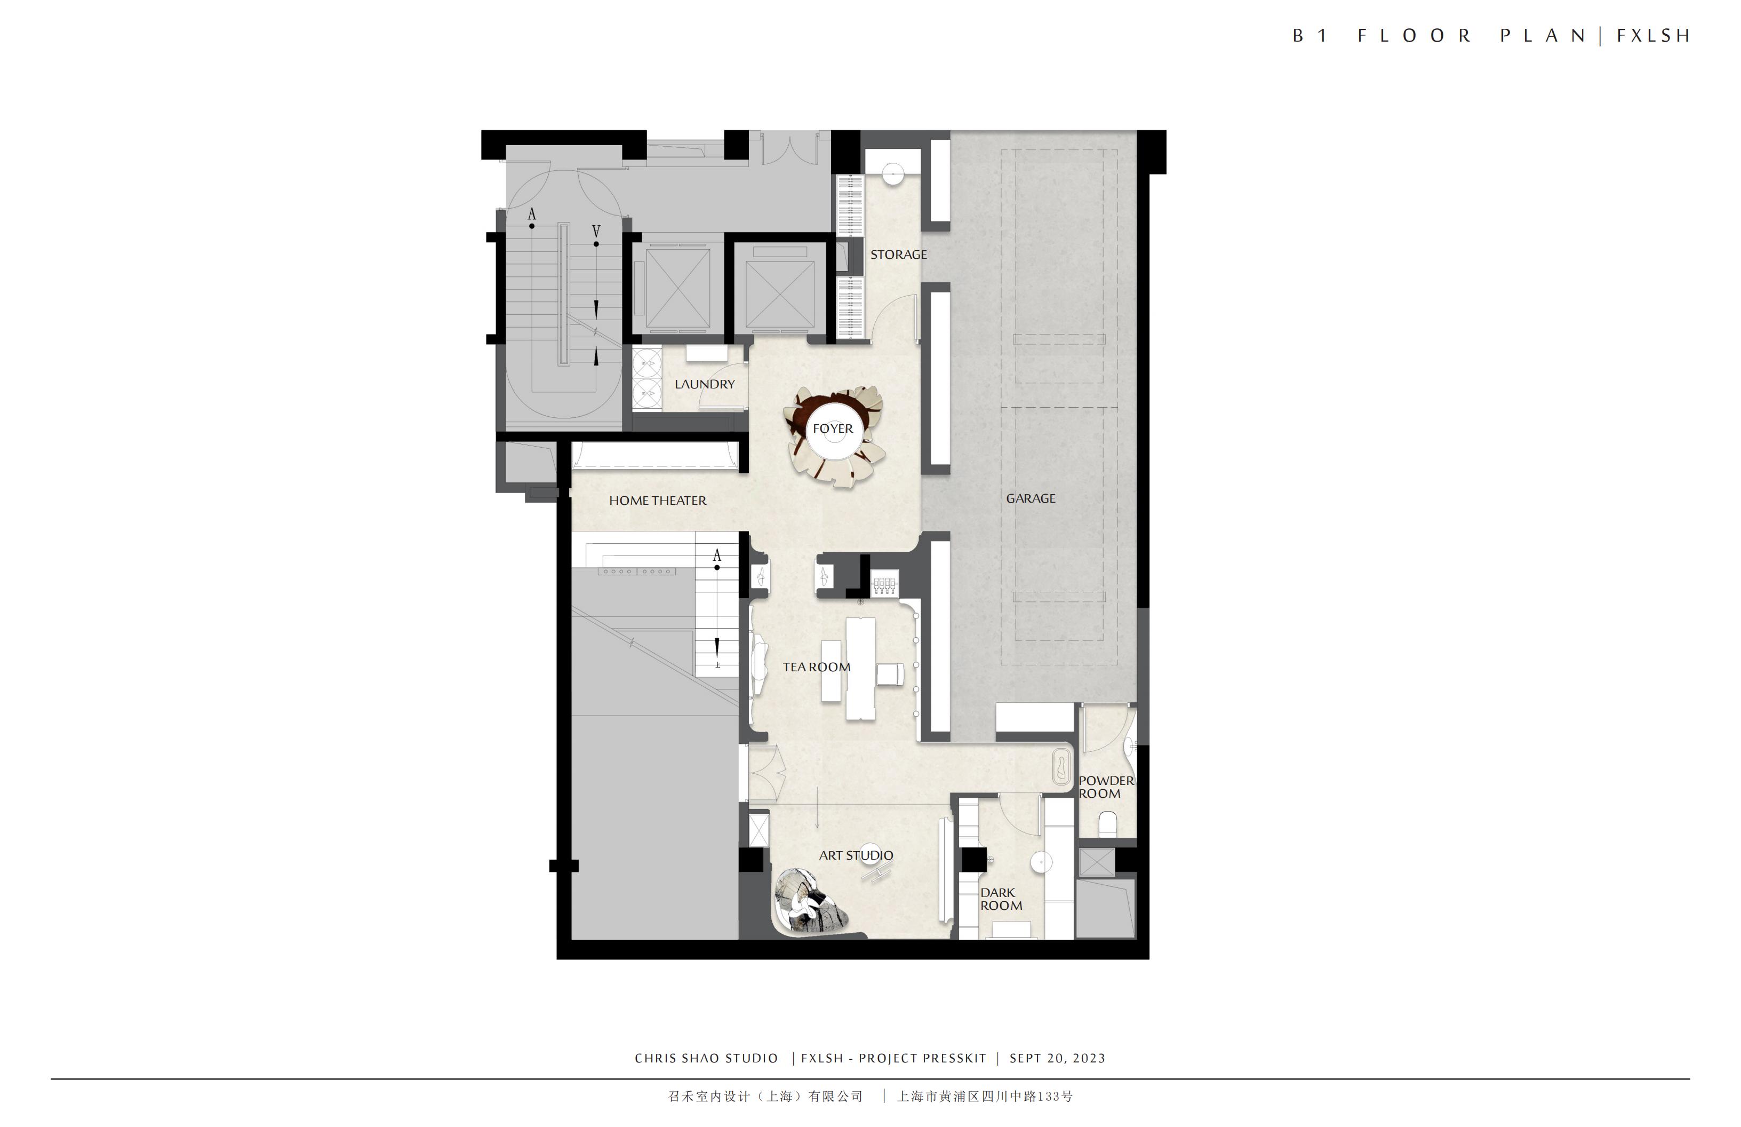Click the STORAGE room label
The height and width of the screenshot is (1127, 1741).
pos(898,255)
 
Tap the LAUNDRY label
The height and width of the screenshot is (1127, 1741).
pos(705,384)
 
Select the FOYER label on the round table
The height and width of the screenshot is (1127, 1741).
pos(833,429)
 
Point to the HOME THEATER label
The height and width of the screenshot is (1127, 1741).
pos(658,501)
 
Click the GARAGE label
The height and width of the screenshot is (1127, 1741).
pos(1031,498)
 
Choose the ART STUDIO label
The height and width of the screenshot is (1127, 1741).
pos(856,855)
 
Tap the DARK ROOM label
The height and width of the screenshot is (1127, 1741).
pos(1001,899)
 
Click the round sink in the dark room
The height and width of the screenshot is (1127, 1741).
pos(1041,862)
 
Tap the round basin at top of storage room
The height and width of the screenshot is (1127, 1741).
pos(893,173)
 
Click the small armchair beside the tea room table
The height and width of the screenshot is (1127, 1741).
pos(890,674)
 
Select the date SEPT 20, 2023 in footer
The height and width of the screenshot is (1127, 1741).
pos(1057,1058)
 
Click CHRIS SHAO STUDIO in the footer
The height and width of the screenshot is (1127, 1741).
pos(706,1058)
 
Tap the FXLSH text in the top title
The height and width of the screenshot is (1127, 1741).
pos(1652,36)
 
